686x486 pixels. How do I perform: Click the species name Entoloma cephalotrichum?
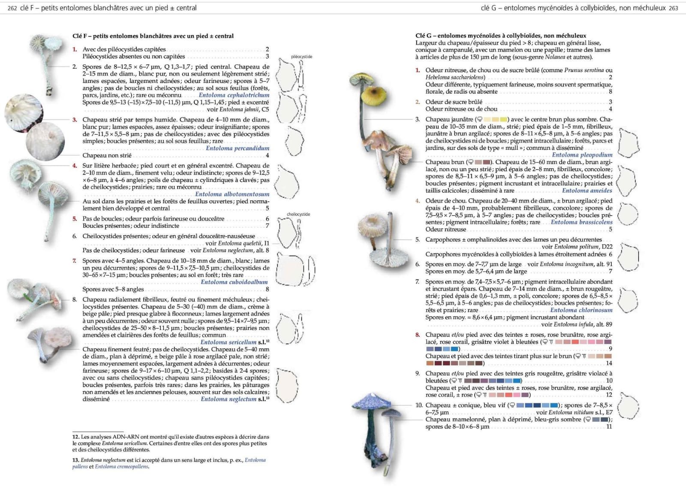click(x=234, y=95)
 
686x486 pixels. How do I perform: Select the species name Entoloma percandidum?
click(x=238, y=148)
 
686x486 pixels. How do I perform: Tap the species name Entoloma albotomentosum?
click(x=232, y=194)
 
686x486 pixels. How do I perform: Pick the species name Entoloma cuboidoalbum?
click(x=234, y=282)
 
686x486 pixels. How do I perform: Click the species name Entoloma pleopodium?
click(x=582, y=155)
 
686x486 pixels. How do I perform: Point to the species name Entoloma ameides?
click(x=587, y=190)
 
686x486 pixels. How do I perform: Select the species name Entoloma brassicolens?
click(x=581, y=222)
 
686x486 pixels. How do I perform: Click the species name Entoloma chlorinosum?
click(x=581, y=310)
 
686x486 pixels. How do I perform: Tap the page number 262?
click(x=12, y=8)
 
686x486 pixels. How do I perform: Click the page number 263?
click(x=673, y=8)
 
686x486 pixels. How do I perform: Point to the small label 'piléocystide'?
click(x=301, y=57)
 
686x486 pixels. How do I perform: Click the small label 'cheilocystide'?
click(x=298, y=214)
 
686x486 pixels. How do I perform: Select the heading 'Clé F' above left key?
click(x=153, y=36)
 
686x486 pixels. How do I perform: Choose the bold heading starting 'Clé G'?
click(x=500, y=36)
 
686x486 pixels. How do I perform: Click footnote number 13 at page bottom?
click(x=75, y=460)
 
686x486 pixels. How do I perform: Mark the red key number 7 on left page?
click(x=74, y=261)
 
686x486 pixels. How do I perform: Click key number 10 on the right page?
click(x=418, y=405)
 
